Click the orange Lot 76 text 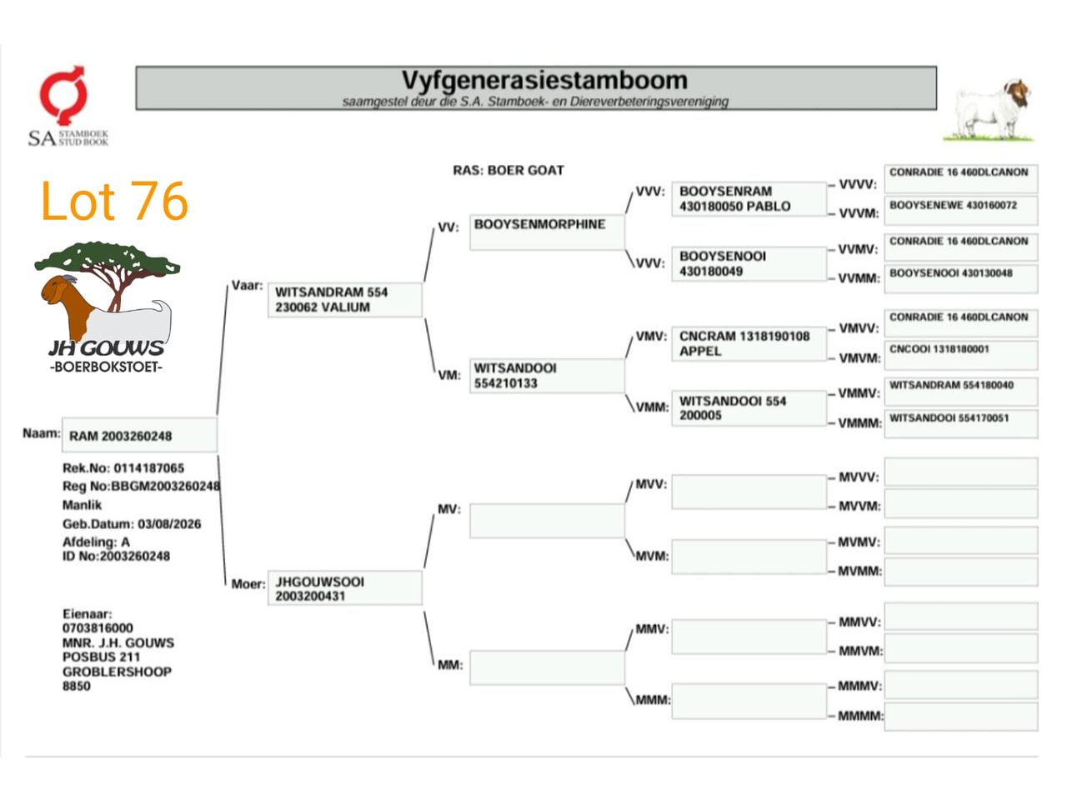[114, 201]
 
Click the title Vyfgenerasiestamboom [544, 80]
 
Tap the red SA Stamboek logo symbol [63, 95]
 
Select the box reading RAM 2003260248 [139, 435]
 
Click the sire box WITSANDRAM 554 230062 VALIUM [345, 300]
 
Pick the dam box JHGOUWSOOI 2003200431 [345, 588]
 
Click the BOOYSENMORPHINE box [547, 232]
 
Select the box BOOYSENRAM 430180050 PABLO [749, 198]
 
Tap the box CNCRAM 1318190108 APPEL [749, 343]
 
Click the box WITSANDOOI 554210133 [547, 376]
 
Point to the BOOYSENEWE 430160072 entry [960, 210]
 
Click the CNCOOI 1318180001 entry [960, 355]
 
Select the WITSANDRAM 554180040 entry [960, 391]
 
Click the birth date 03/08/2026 [169, 524]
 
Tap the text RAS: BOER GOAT [508, 170]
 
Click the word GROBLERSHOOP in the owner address [117, 672]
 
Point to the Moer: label [248, 584]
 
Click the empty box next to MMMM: [960, 717]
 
